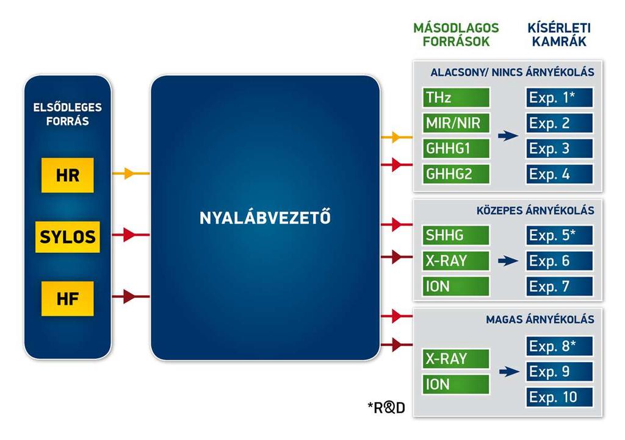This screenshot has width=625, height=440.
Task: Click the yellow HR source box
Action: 67,175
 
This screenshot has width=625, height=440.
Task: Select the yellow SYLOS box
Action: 67,236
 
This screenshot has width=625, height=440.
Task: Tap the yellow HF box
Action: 67,299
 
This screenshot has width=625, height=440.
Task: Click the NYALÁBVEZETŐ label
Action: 265,217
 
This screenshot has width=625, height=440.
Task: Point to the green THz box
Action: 456,98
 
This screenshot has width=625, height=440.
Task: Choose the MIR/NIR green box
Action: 456,123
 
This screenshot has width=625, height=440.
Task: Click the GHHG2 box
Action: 456,174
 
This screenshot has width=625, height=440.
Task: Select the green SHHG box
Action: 456,235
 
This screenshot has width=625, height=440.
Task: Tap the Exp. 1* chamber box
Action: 559,98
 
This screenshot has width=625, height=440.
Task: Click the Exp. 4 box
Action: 559,174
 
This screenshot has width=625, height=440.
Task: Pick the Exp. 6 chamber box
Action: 559,261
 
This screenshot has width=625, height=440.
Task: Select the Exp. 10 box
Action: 559,397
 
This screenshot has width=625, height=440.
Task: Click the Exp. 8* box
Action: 559,346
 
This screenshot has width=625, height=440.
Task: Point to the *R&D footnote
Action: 386,407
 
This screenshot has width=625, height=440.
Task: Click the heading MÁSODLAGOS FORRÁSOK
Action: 456,35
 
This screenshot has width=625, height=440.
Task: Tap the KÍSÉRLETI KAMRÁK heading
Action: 559,35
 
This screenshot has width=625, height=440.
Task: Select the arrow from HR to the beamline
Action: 131,174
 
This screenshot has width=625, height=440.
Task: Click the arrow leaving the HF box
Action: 131,296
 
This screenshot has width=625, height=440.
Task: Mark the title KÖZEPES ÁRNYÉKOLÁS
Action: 535,210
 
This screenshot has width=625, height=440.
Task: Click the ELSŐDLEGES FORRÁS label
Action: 67,114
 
